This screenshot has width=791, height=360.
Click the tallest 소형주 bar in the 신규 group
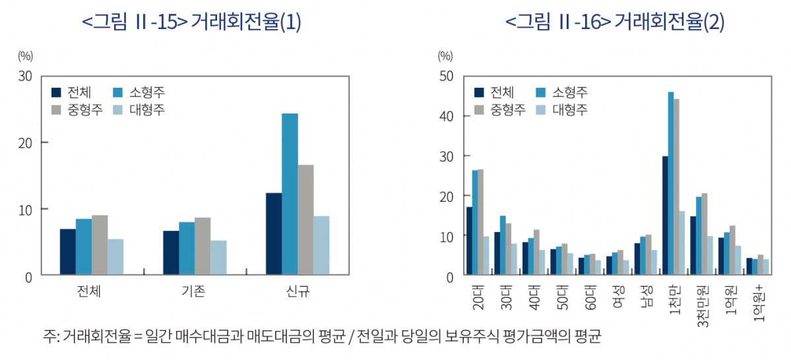click(290, 194)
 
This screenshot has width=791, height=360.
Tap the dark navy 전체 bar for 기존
click(171, 253)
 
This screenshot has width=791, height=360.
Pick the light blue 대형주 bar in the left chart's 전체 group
click(115, 256)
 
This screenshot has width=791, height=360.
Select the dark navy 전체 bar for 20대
click(469, 241)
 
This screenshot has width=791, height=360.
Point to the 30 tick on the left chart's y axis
click(25, 76)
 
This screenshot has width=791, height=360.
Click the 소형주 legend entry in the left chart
click(141, 93)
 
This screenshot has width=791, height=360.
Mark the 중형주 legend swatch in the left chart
click(57, 109)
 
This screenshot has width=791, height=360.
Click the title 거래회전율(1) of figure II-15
click(245, 23)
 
